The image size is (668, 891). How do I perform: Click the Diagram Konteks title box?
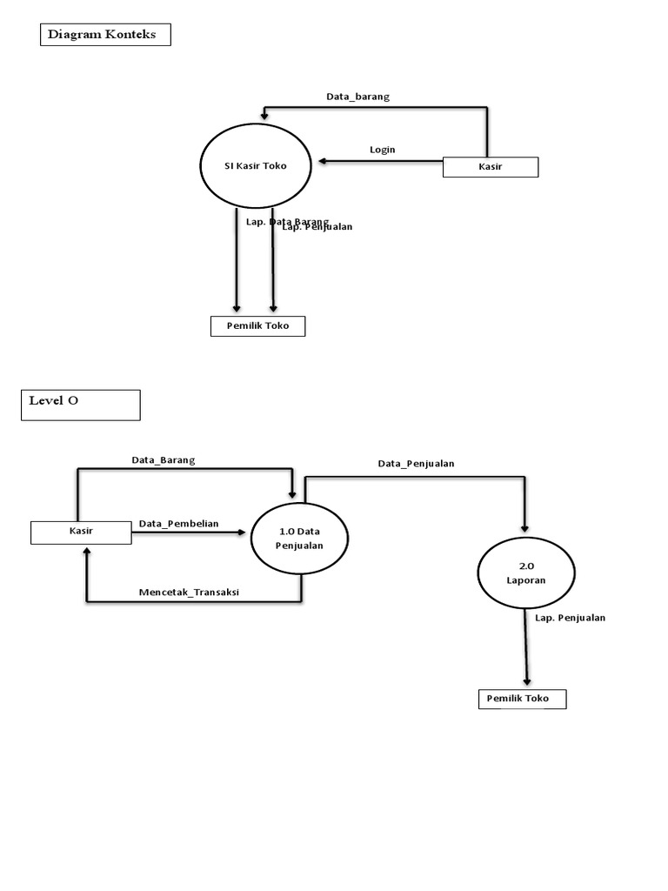pos(105,35)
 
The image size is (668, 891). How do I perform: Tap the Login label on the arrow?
pos(382,150)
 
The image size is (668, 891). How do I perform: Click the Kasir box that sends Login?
pos(491,166)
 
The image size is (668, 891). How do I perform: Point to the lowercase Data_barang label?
pos(357,97)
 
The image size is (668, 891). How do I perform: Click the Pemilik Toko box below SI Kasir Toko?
pos(257,326)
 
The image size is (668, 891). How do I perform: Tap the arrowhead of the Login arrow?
pos(323,161)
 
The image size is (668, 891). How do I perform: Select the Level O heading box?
pos(80,405)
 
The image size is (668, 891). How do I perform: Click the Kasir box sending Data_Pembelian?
pos(81,532)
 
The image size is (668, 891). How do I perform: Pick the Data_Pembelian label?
pos(178,524)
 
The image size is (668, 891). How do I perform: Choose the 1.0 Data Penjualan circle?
pos(299,539)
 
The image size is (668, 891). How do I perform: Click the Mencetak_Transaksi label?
pos(189,593)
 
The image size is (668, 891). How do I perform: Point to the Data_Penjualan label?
pos(416,464)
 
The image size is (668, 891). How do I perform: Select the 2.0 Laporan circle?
pos(525,573)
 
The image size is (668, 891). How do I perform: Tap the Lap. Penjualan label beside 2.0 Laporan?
pos(570,618)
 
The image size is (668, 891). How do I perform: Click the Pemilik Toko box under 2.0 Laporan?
pos(522,699)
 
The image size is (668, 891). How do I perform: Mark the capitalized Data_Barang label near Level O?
pos(164,459)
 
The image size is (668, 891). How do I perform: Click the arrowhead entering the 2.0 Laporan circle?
pos(524,526)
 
